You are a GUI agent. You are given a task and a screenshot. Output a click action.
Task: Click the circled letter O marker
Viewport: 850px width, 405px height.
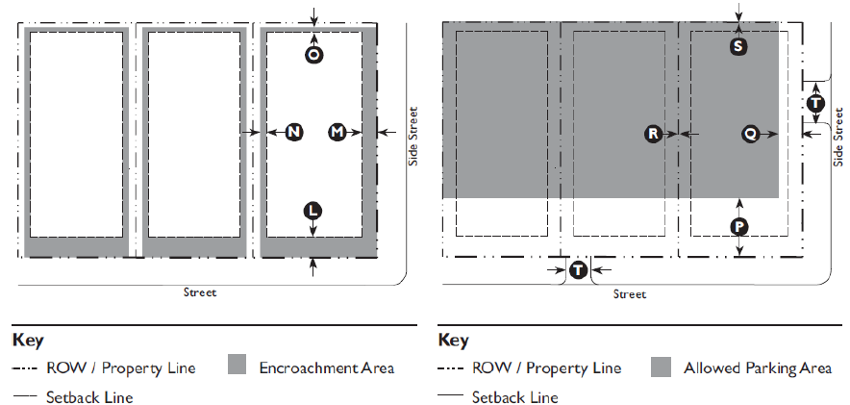[x=313, y=55]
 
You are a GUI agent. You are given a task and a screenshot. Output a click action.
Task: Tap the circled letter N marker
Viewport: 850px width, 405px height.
[x=294, y=132]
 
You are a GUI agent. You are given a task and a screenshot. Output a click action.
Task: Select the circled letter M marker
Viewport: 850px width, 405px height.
[x=337, y=132]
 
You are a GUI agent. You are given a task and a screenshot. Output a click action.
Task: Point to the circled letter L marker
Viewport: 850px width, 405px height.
[x=312, y=211]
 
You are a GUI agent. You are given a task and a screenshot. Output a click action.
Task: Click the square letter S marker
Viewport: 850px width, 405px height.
[x=738, y=45]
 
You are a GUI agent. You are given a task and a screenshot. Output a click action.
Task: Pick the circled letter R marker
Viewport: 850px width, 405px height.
[x=654, y=134]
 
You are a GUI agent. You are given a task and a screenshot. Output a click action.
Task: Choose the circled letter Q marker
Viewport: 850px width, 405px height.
[x=750, y=134]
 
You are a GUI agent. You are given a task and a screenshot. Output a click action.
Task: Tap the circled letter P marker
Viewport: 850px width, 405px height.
[x=738, y=226]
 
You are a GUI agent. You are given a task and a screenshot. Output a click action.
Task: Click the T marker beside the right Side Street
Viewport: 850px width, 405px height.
[x=816, y=102]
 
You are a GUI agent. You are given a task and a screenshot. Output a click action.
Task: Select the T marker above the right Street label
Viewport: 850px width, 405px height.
[x=577, y=270]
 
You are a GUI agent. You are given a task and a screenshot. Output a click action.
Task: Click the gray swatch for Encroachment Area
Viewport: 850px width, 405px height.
[x=238, y=366]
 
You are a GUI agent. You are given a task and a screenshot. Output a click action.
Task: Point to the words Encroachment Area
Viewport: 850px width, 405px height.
[x=327, y=367]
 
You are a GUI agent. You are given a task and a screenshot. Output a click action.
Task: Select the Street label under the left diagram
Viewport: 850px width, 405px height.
[x=200, y=292]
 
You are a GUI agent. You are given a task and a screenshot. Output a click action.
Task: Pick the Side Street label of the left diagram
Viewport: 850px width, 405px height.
[x=414, y=135]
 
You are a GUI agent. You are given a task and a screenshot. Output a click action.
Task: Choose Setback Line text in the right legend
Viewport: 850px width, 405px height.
[x=514, y=397]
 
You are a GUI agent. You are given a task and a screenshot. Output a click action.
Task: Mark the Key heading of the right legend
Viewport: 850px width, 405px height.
[x=453, y=340]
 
